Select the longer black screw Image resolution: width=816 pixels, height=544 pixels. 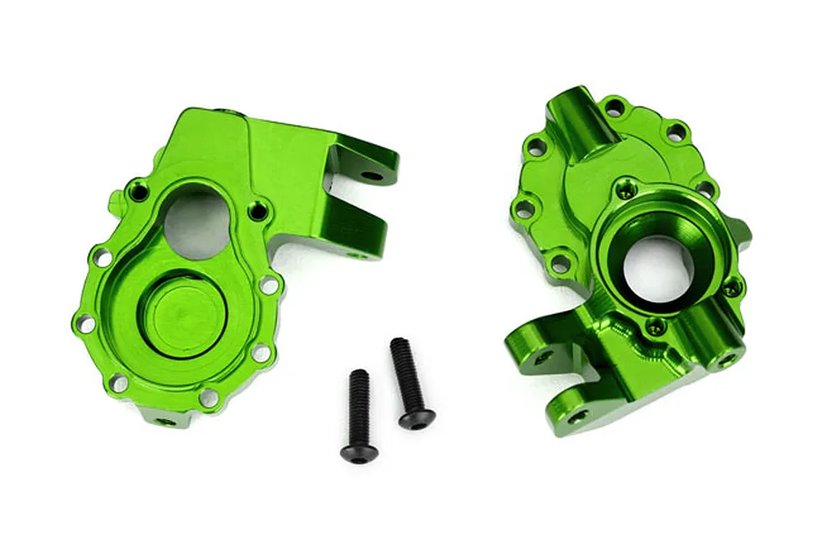coord(408,382)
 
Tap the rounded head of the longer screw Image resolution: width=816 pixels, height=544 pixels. coord(416,417)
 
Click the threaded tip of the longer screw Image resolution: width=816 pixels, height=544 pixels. coord(397,345)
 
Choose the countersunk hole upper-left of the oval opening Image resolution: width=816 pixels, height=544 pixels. coord(137,190)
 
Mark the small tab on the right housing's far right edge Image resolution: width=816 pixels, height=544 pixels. coord(744,231)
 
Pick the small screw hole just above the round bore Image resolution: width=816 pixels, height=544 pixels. coord(621,192)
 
